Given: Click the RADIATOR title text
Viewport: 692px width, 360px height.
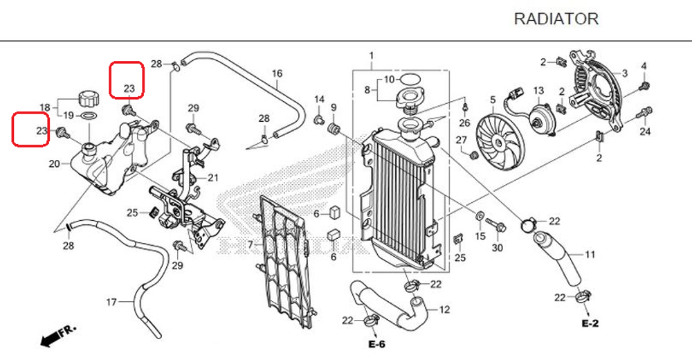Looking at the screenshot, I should [556, 19].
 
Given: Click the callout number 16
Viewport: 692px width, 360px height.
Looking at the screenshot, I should [277, 73].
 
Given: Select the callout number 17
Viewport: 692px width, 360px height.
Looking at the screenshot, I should [111, 303].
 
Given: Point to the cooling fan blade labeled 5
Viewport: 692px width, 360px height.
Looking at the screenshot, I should [499, 138].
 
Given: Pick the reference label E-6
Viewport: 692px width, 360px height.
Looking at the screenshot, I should [376, 344].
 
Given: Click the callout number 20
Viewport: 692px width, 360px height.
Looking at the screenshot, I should [55, 164].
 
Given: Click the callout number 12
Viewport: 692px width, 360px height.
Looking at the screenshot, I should [444, 309].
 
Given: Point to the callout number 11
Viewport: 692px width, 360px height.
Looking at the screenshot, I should [590, 255].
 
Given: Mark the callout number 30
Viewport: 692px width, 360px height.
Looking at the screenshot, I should [497, 248].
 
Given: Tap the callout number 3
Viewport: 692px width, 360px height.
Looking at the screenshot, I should [625, 73].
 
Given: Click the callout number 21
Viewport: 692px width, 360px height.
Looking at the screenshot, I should [212, 178].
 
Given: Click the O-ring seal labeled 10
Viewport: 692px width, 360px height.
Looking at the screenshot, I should [409, 79].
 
